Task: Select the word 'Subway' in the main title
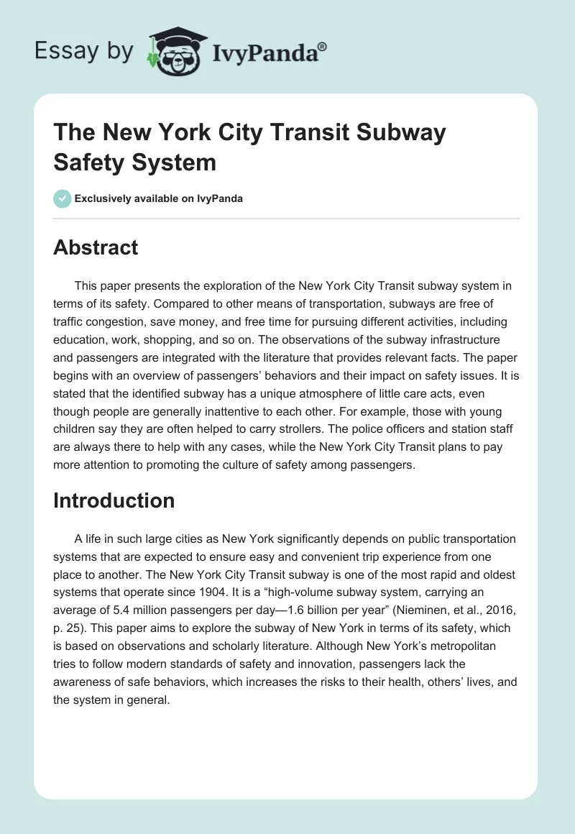(402, 134)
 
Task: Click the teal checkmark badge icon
(63, 198)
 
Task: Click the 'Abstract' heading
(95, 247)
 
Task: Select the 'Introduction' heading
(114, 500)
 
